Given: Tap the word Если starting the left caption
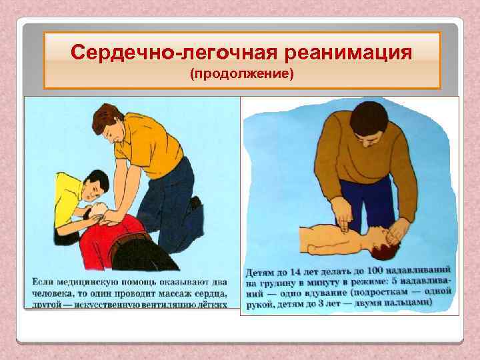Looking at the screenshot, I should [43, 281].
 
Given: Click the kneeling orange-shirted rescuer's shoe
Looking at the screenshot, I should [195, 203].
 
